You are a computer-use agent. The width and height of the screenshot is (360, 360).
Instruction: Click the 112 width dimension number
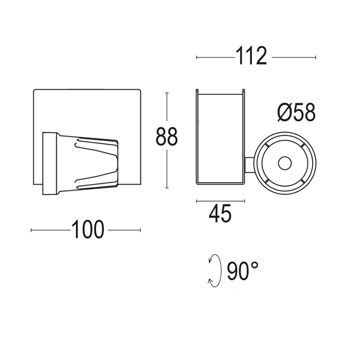[x=251, y=57]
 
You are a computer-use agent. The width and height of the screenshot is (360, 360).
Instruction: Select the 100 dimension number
[x=88, y=230]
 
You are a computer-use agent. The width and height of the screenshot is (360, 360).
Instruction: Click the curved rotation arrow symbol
[x=215, y=271]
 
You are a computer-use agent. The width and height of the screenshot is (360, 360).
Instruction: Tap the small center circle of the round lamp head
[x=285, y=163]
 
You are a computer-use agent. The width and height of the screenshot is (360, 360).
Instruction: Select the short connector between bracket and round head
[x=249, y=165]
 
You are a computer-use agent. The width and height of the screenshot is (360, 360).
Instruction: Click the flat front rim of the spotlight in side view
[x=50, y=163]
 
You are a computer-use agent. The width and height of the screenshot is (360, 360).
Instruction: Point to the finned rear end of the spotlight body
[x=114, y=163]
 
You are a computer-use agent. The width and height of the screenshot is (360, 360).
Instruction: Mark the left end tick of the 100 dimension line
[x=31, y=230]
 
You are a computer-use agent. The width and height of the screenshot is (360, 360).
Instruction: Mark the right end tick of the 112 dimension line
[x=316, y=57]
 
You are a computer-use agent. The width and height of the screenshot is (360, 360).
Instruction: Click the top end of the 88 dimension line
[x=167, y=93]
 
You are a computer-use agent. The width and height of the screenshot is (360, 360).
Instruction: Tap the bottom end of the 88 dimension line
[x=167, y=188]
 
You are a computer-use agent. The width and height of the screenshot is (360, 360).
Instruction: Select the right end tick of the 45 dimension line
[x=245, y=201]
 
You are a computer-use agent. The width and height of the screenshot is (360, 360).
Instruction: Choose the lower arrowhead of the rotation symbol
[x=210, y=282]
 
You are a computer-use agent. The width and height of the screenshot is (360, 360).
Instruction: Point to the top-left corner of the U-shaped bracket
[x=197, y=90]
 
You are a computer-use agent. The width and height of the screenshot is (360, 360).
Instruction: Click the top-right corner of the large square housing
[x=140, y=90]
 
